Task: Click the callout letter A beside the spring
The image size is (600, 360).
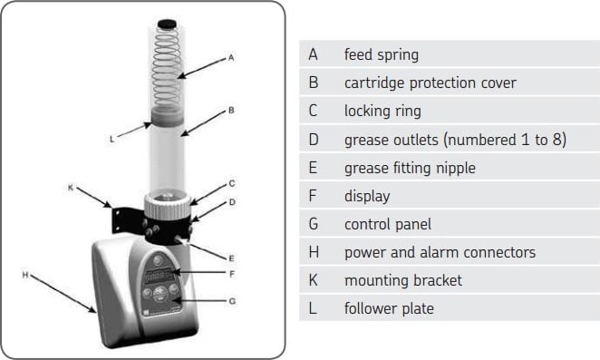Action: [x=231, y=57]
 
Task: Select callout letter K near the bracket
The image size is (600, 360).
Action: [x=71, y=188]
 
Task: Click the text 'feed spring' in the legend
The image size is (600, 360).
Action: [x=381, y=54]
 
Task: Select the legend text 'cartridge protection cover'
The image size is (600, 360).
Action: [x=430, y=83]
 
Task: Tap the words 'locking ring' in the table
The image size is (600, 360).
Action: [x=382, y=111]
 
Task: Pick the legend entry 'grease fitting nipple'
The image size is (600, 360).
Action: [x=410, y=167]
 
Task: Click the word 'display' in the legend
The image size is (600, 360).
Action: [x=367, y=195]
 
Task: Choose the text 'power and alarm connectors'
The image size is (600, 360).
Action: [x=439, y=252]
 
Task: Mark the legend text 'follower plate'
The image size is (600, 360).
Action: [x=389, y=308]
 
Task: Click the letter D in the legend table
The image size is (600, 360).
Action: [x=314, y=139]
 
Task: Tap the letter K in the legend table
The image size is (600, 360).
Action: [x=314, y=280]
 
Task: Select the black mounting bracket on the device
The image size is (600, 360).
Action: [x=126, y=219]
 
